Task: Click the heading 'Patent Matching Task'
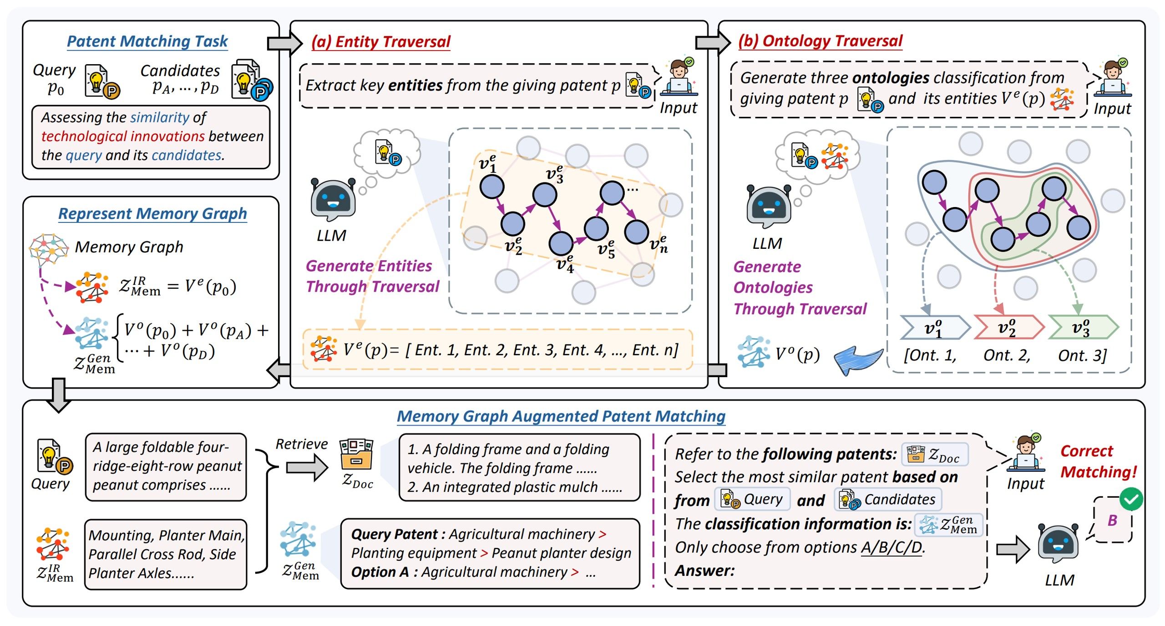(147, 41)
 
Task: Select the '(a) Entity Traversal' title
(380, 42)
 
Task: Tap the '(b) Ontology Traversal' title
(820, 41)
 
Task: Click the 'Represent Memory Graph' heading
(152, 213)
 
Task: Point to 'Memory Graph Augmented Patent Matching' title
(561, 416)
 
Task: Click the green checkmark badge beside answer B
(1131, 499)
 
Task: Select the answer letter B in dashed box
(1112, 520)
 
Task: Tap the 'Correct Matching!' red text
(1098, 461)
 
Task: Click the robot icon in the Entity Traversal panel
(333, 200)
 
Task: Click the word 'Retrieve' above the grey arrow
(302, 444)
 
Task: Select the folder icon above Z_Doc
(356, 454)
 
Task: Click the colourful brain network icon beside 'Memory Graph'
(48, 249)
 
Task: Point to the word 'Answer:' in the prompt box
(704, 570)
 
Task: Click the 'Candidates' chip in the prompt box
(888, 500)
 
